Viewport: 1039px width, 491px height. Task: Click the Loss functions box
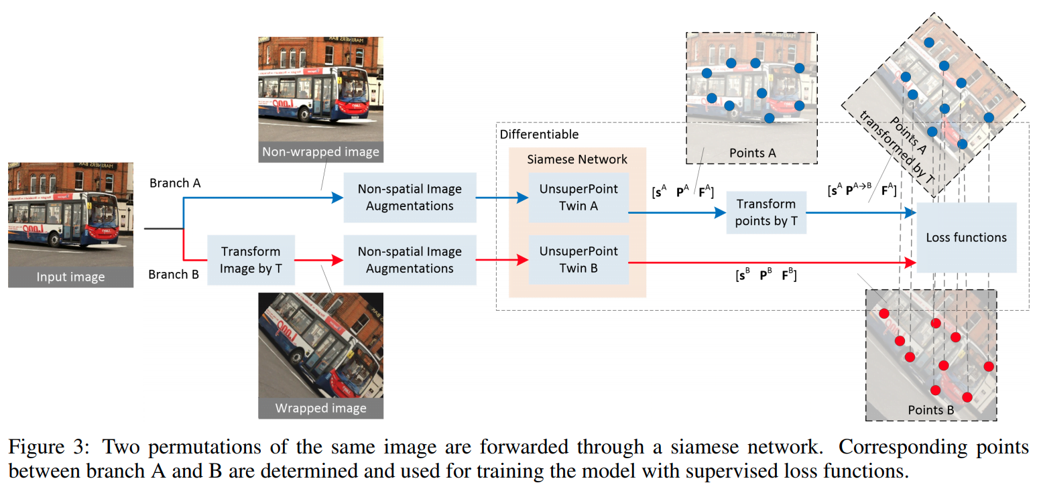click(966, 237)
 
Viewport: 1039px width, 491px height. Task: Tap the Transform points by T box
click(766, 212)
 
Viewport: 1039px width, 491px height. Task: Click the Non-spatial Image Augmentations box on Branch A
click(410, 198)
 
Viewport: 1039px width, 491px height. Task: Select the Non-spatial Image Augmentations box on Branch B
click(410, 260)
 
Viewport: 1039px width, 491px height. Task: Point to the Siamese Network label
click(577, 159)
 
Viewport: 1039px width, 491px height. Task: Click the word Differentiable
click(539, 134)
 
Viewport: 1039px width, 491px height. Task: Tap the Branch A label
click(174, 183)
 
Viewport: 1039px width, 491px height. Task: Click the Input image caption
click(70, 277)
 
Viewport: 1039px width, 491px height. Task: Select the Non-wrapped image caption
click(320, 152)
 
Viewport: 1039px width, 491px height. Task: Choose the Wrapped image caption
click(320, 408)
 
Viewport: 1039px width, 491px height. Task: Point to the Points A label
click(751, 153)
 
